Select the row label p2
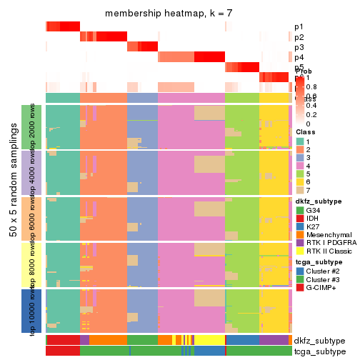pos(299,37)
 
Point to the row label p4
pos(299,57)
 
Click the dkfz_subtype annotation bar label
pos(319,341)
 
